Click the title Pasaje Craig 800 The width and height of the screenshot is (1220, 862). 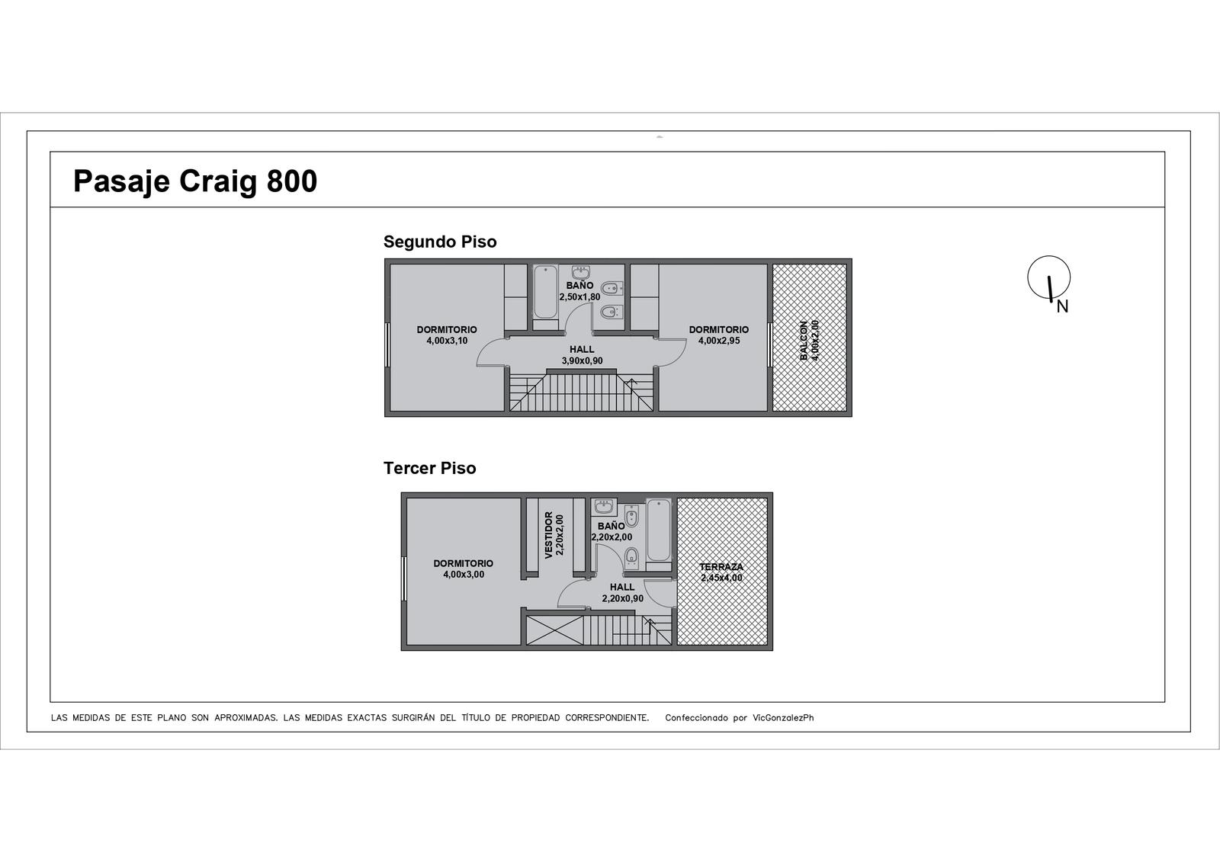tap(195, 181)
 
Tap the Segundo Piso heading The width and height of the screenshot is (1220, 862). tap(440, 242)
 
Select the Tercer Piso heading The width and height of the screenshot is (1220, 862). tap(430, 468)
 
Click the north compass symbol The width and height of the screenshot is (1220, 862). tap(1049, 280)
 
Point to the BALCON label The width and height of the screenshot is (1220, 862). tap(804, 341)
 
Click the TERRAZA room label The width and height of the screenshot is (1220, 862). tap(721, 567)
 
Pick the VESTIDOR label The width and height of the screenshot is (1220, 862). tap(549, 535)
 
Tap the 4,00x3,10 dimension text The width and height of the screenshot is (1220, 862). tap(447, 341)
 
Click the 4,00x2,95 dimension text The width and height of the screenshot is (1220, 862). tap(719, 341)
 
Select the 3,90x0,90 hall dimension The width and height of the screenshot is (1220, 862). tap(583, 361)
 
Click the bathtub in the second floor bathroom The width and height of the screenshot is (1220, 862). tap(545, 292)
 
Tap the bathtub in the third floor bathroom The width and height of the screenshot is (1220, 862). tap(659, 529)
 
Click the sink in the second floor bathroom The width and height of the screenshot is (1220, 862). tap(581, 272)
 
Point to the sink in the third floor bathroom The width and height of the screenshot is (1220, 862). tap(604, 506)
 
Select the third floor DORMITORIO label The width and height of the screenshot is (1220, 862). tap(464, 563)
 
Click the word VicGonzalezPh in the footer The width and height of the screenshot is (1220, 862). tap(783, 718)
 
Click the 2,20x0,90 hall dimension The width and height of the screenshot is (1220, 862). tap(622, 598)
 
